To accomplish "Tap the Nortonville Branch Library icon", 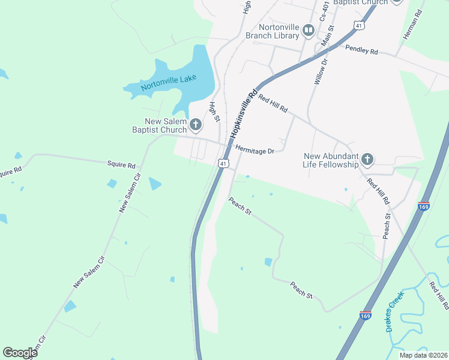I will coord(309,30).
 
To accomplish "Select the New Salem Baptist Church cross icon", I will coord(195,125).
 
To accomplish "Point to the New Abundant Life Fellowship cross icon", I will coord(367,160).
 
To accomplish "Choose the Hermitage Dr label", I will coord(255,151).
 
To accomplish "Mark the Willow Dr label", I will coord(320,70).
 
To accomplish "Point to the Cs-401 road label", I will coord(324,11).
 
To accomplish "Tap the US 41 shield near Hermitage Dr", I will coord(223,163).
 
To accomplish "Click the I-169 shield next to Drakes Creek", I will coord(365,314).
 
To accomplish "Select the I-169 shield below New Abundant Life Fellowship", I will coord(424,206).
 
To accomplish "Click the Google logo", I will coord(20,353).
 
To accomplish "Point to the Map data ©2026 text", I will coord(423,355).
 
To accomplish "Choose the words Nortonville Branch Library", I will coord(272,31).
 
